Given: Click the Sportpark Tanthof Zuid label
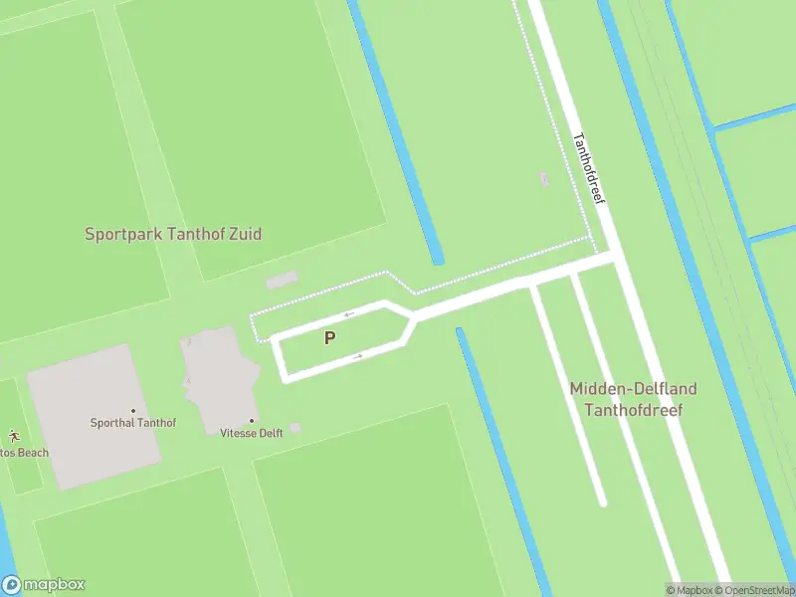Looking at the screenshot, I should (173, 235).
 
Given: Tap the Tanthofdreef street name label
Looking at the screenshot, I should (589, 169).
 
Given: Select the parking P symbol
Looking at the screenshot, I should (329, 338).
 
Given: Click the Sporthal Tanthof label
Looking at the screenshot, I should (132, 423).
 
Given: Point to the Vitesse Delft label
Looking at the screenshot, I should (252, 433).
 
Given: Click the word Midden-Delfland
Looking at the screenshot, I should (633, 389).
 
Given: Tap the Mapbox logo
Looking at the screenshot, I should (44, 585).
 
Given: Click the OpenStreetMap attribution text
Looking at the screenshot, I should (754, 590).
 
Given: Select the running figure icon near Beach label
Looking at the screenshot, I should (14, 436).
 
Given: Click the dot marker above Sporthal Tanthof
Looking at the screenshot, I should (132, 410).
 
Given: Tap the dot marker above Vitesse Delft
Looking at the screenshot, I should (252, 421).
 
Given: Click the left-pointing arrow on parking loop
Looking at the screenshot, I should (349, 314).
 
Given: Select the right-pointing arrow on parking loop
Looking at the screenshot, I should (356, 355).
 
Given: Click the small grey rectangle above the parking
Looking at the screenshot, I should (282, 281).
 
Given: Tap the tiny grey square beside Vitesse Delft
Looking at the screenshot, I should (296, 428).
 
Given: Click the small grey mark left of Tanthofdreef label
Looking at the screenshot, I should (543, 178).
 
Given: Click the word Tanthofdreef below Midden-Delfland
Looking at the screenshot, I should (633, 409).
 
